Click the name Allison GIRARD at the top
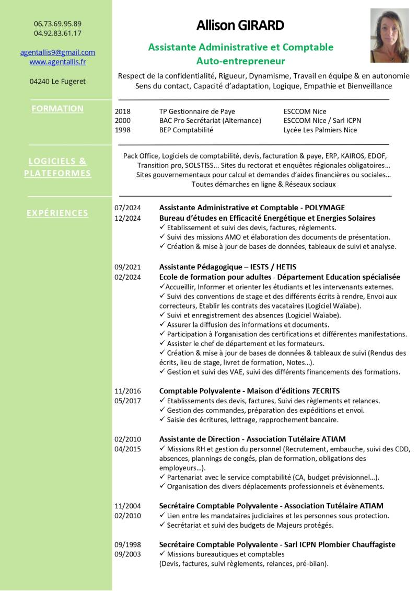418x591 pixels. [x=240, y=25]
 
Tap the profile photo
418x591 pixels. [x=389, y=36]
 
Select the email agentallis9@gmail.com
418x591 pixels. [x=57, y=52]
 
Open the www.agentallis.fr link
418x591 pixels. [x=57, y=62]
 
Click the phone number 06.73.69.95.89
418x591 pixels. [x=57, y=24]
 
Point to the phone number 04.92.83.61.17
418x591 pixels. [x=57, y=33]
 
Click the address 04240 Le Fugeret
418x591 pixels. [x=57, y=82]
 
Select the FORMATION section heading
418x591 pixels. [x=57, y=109]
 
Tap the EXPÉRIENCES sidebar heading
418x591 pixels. [x=57, y=213]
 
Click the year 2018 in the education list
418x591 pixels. [x=122, y=111]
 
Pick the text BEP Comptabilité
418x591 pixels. [x=186, y=130]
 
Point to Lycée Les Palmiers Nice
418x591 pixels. [x=320, y=130]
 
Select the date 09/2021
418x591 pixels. [x=127, y=267]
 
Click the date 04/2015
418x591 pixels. [x=127, y=449]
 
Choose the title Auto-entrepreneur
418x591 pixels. [x=240, y=61]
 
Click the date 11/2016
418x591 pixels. [x=127, y=391]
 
